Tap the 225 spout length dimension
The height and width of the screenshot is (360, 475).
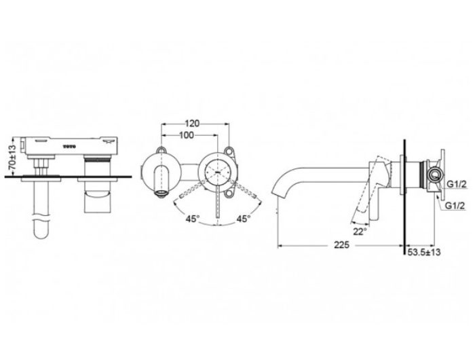[342, 245]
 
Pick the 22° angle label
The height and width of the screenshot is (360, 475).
[360, 231]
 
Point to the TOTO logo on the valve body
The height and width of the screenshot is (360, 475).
[70, 146]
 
